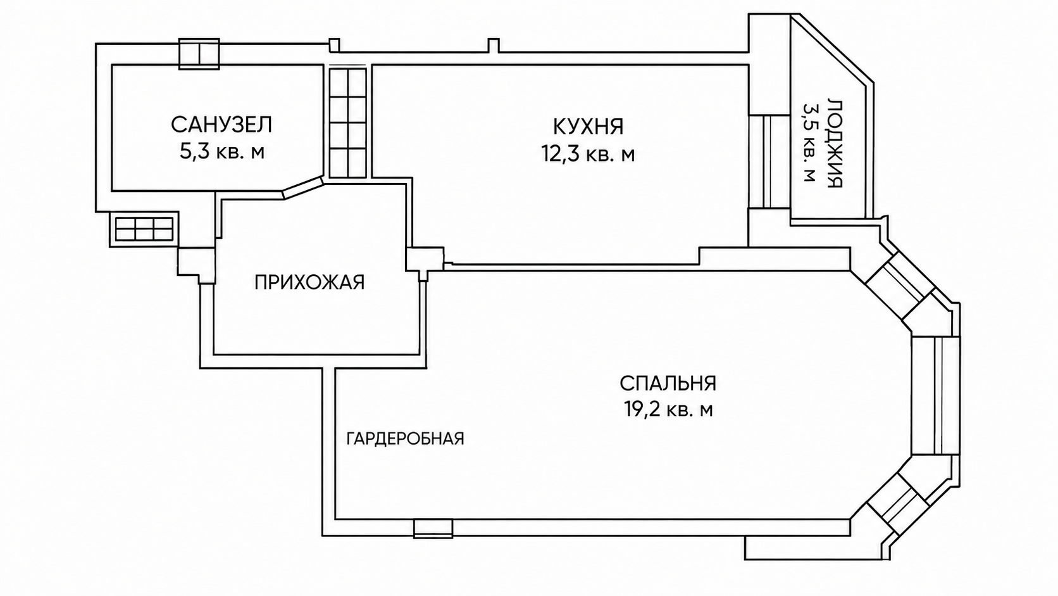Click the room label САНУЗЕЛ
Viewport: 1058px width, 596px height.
pos(221,125)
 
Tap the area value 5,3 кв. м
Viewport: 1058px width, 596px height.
pos(222,152)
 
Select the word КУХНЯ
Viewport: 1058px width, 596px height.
pos(588,127)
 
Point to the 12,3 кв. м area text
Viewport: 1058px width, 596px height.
pos(588,154)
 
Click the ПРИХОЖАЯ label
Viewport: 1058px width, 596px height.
pos(309,282)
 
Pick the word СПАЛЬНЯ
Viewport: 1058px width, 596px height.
pos(668,383)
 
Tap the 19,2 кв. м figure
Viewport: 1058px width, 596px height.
pos(668,409)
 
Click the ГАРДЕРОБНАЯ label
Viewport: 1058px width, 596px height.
pos(405,439)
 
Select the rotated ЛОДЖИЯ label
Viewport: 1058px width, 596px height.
pos(835,144)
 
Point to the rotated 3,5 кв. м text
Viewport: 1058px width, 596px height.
pos(809,143)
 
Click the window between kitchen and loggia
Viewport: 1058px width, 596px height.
pos(770,162)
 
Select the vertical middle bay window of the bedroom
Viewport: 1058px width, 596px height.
pos(935,395)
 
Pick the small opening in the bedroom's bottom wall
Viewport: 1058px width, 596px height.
pos(433,528)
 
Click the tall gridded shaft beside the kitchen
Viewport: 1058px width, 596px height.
pos(347,122)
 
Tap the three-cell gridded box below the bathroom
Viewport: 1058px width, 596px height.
pos(144,229)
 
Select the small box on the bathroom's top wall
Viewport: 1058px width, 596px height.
pos(199,54)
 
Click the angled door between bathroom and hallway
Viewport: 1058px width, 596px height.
pos(303,187)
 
